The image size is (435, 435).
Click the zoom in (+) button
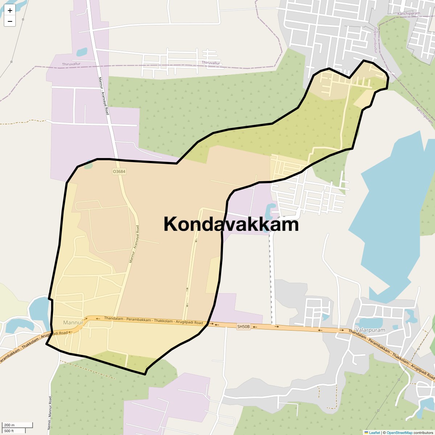(10, 11)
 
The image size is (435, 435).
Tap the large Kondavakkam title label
(231, 224)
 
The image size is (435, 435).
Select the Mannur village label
(73, 322)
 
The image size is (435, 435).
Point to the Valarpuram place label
(370, 330)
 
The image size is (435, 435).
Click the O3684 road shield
(119, 171)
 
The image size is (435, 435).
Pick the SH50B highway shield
(244, 327)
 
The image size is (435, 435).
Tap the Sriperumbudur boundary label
(376, 40)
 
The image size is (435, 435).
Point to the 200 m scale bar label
(10, 425)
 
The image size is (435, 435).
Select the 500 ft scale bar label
(9, 431)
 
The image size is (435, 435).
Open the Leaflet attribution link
(374, 432)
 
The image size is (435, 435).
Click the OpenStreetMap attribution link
(399, 432)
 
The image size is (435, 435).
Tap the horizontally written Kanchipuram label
(409, 13)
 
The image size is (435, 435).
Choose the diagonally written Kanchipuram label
(424, 116)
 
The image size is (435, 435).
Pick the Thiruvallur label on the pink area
(71, 64)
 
